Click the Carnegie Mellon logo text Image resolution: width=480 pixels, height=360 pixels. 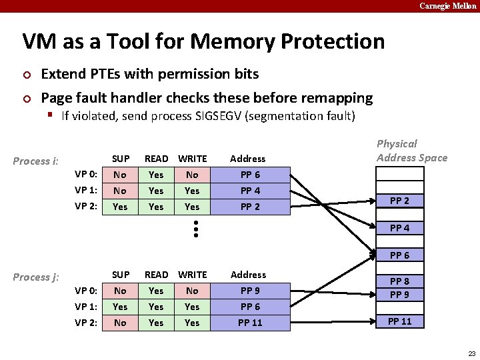click(x=447, y=6)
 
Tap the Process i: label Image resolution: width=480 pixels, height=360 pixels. click(x=36, y=161)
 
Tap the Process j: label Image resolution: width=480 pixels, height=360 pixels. click(x=36, y=277)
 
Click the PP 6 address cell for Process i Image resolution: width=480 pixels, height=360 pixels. click(x=249, y=175)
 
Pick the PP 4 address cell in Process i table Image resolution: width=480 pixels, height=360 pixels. click(x=249, y=191)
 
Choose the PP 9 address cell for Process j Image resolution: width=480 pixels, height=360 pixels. click(x=249, y=291)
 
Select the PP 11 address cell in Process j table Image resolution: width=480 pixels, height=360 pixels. click(x=249, y=323)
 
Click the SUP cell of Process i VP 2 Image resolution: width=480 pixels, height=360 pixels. click(x=121, y=207)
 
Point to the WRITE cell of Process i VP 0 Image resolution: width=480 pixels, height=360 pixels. click(x=192, y=175)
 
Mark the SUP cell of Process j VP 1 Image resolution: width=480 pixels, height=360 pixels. click(x=121, y=307)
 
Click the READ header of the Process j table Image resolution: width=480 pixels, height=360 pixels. click(x=157, y=275)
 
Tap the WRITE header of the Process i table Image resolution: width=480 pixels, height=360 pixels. click(x=192, y=159)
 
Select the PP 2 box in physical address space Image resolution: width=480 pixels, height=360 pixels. click(x=399, y=201)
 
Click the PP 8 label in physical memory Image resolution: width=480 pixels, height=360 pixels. click(x=399, y=281)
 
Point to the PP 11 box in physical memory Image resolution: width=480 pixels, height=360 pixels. click(x=399, y=321)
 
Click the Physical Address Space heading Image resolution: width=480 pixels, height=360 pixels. click(x=412, y=151)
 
